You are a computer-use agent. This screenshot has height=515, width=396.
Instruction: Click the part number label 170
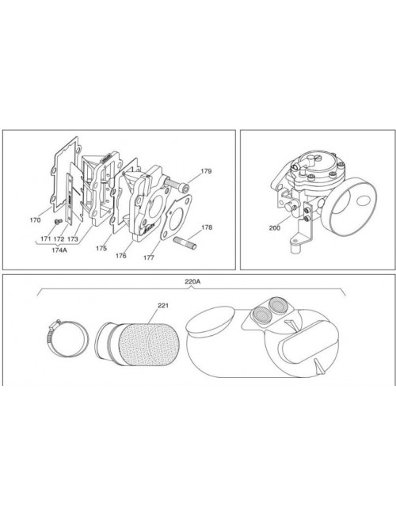click(x=35, y=219)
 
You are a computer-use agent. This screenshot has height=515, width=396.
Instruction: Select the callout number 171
click(x=48, y=238)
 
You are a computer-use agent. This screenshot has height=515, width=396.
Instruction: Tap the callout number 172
click(x=60, y=238)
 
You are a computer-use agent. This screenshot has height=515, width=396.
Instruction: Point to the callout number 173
click(x=73, y=238)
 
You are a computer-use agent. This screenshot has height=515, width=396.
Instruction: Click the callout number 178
click(x=207, y=227)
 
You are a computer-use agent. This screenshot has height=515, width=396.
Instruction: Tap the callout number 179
click(x=206, y=171)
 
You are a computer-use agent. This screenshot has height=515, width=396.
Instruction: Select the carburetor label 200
click(x=275, y=227)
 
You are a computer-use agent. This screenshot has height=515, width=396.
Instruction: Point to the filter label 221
click(x=163, y=305)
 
